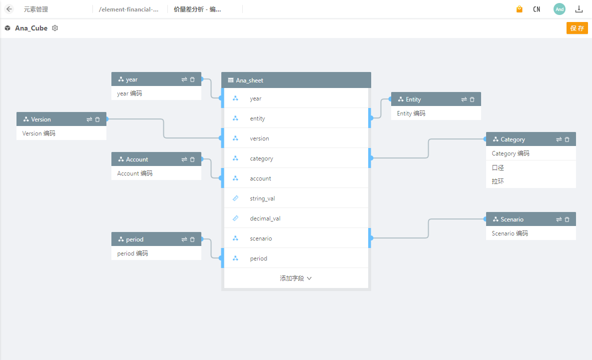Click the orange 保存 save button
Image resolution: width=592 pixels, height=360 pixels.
pyautogui.click(x=577, y=28)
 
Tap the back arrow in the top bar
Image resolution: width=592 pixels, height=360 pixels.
pyautogui.click(x=9, y=9)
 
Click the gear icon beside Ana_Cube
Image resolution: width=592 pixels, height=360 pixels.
pyautogui.click(x=55, y=28)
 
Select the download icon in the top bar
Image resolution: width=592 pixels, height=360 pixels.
pyautogui.click(x=579, y=9)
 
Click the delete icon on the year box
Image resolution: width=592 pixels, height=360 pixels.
pyautogui.click(x=192, y=79)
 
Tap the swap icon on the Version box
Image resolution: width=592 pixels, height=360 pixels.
pyautogui.click(x=89, y=119)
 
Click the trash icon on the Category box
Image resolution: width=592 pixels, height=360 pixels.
pyautogui.click(x=567, y=139)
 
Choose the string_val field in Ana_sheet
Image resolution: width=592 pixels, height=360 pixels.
pyautogui.click(x=262, y=198)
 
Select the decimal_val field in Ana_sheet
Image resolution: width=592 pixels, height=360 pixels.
pyautogui.click(x=265, y=218)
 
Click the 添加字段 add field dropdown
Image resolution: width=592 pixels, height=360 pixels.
pyautogui.click(x=296, y=278)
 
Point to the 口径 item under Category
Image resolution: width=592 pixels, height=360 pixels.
pyautogui.click(x=498, y=168)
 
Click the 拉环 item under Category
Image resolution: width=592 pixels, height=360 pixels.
pyautogui.click(x=498, y=181)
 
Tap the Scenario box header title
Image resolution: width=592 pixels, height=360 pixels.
pyautogui.click(x=512, y=219)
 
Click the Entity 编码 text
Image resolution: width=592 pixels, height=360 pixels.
pyautogui.click(x=411, y=113)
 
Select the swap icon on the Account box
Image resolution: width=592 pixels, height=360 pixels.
pyautogui.click(x=184, y=159)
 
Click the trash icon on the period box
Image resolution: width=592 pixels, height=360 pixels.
pyautogui.click(x=192, y=239)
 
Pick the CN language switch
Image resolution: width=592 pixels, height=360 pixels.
pyautogui.click(x=537, y=9)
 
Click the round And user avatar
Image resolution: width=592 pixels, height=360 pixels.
pyautogui.click(x=560, y=9)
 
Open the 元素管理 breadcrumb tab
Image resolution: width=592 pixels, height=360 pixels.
pyautogui.click(x=36, y=9)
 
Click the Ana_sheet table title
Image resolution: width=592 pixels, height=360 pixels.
pyautogui.click(x=249, y=80)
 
